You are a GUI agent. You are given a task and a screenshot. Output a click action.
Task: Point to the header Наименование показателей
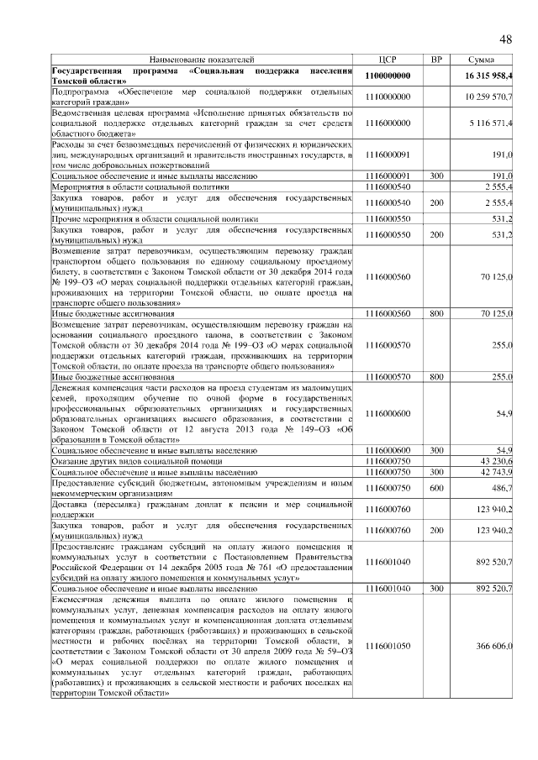[x=201, y=60]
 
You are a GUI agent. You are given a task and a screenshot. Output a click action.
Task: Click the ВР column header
[x=435, y=60]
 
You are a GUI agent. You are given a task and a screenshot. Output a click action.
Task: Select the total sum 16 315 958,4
[x=488, y=76]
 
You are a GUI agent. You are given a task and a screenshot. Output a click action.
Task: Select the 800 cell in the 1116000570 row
[x=435, y=377]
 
